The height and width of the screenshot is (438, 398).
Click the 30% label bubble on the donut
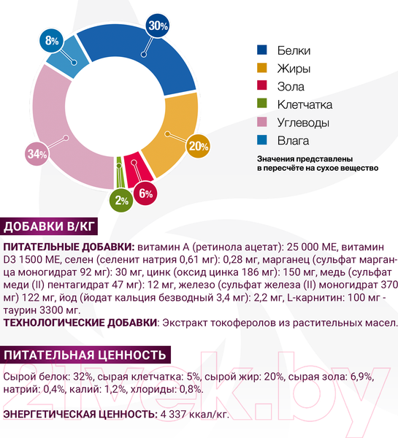(x=158, y=26)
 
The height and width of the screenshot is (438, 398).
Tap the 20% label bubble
(x=197, y=146)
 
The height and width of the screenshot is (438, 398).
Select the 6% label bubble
(x=145, y=193)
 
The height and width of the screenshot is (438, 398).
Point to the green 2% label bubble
(x=121, y=199)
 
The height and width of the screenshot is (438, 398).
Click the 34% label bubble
(x=37, y=153)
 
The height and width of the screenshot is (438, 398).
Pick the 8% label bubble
(x=52, y=41)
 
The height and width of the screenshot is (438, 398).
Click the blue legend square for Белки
(x=263, y=50)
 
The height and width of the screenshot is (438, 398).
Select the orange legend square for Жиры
(x=263, y=69)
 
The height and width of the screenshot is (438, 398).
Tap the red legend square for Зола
(x=263, y=86)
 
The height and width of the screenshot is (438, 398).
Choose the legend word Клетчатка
(x=305, y=104)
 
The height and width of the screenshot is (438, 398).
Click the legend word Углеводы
(x=303, y=122)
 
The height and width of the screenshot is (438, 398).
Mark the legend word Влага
(x=293, y=139)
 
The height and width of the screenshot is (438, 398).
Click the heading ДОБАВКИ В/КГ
(x=50, y=226)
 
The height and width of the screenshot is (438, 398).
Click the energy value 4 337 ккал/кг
(x=194, y=415)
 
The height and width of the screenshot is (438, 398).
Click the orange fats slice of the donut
(x=175, y=131)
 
